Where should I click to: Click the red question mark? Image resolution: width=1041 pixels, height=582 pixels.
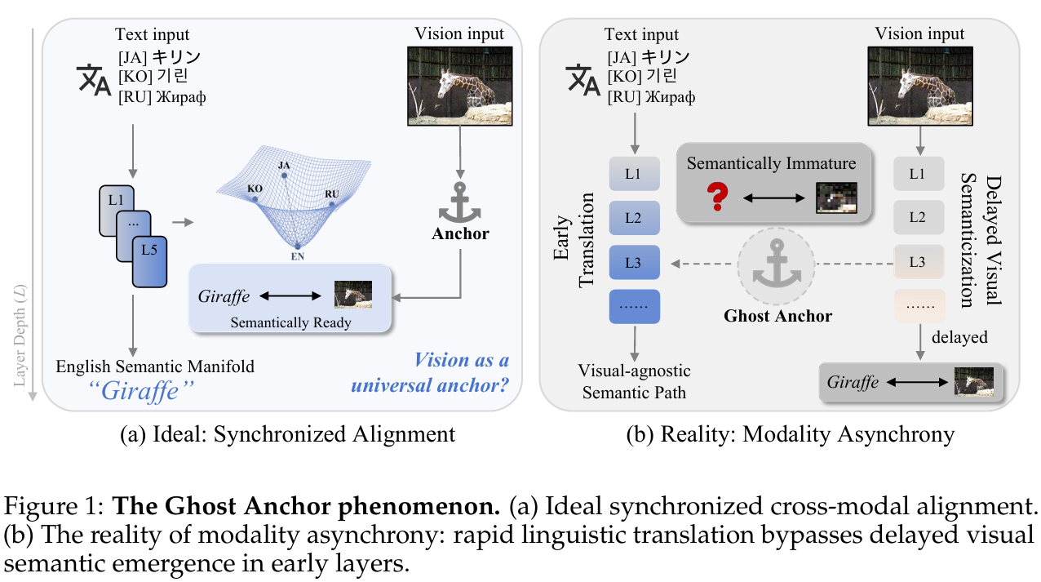pyautogui.click(x=717, y=197)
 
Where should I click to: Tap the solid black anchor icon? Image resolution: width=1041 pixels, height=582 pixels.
pyautogui.click(x=459, y=202)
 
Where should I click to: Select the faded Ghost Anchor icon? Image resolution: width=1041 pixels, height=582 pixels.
pyautogui.click(x=777, y=266)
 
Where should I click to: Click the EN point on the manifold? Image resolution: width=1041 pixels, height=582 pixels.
pyautogui.click(x=298, y=246)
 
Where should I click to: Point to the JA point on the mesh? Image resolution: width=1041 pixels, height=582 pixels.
pyautogui.click(x=284, y=175)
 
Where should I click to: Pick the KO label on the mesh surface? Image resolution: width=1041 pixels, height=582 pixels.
pyautogui.click(x=255, y=189)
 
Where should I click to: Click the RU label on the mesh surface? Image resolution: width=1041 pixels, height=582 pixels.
pyautogui.click(x=331, y=193)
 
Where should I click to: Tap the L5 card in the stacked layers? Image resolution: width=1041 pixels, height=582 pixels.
pyautogui.click(x=149, y=262)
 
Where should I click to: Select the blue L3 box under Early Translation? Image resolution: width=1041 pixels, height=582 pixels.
pyautogui.click(x=635, y=262)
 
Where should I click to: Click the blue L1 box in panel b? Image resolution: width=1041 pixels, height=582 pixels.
pyautogui.click(x=635, y=174)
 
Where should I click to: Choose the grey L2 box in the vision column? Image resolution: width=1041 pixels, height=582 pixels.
pyautogui.click(x=919, y=217)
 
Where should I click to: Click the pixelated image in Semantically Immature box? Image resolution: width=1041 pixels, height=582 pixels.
pyautogui.click(x=836, y=198)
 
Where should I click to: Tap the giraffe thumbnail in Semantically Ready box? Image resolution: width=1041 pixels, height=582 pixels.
pyautogui.click(x=353, y=294)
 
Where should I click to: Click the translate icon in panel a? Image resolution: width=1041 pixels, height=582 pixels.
pyautogui.click(x=94, y=80)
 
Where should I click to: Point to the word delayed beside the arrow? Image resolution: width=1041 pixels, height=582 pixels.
pyautogui.click(x=959, y=337)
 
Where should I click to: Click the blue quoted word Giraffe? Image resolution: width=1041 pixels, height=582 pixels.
pyautogui.click(x=140, y=391)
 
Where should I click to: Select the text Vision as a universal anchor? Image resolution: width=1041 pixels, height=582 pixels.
pyautogui.click(x=430, y=373)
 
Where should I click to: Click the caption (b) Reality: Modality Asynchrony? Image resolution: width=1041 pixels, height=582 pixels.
pyautogui.click(x=790, y=434)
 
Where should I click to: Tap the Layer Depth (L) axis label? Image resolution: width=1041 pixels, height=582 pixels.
pyautogui.click(x=20, y=335)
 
